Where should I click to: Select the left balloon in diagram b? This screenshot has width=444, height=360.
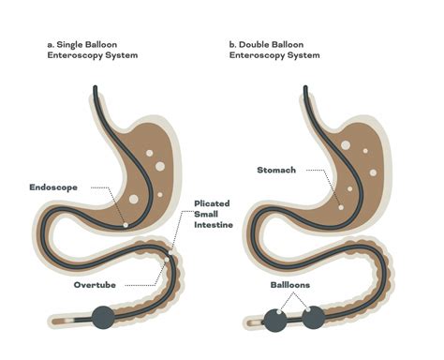coord(275,320)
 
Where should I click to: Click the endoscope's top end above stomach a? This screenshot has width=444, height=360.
coord(93,89)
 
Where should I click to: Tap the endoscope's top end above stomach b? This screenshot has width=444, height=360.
coord(304,89)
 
